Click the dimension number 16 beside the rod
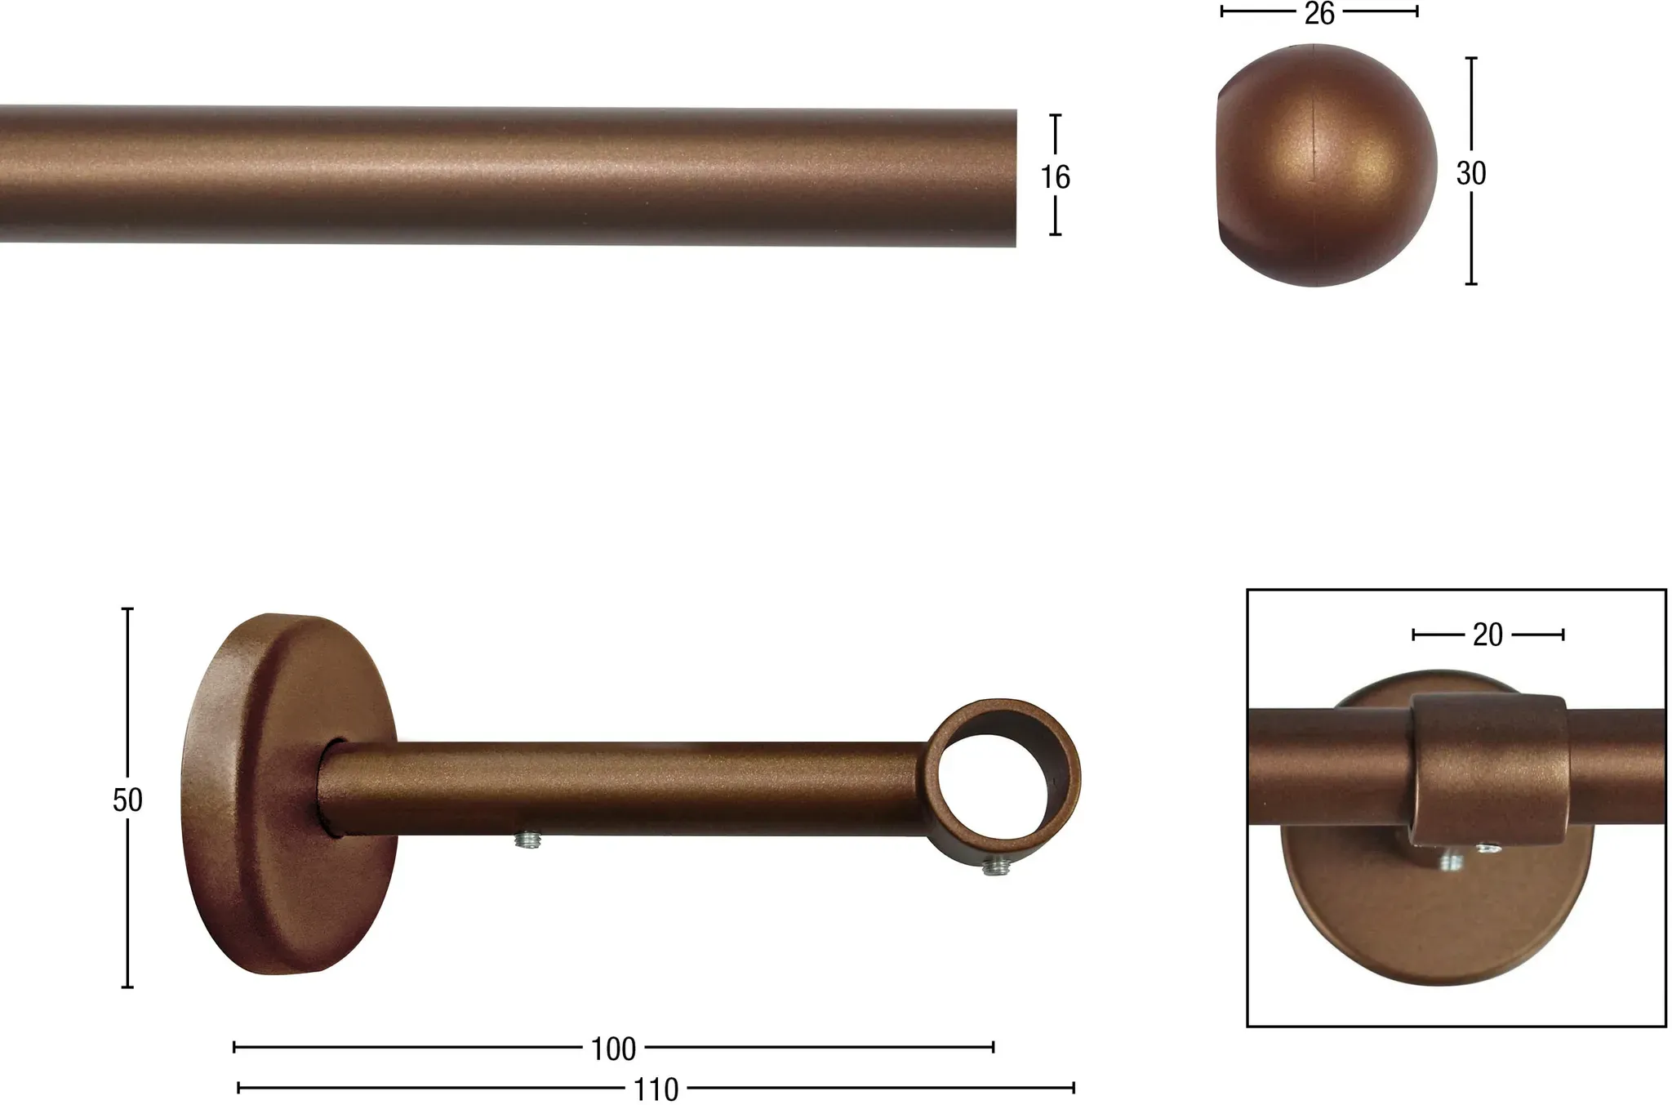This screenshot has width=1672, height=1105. [x=1055, y=177]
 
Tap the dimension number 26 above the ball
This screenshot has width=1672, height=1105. [x=1318, y=13]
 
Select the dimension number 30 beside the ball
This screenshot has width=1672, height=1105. [x=1471, y=173]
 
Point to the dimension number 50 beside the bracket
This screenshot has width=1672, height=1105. [x=127, y=800]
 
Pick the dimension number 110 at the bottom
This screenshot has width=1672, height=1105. [x=656, y=1089]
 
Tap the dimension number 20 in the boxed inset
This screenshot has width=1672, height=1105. [x=1487, y=635]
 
